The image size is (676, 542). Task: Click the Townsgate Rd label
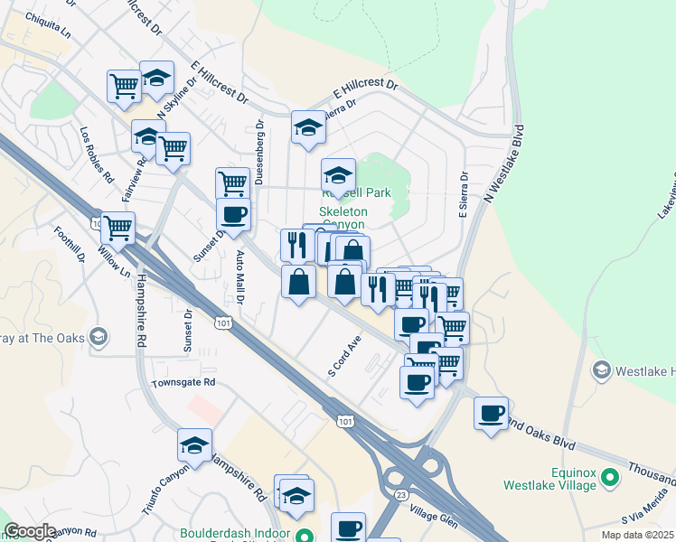click(x=183, y=382)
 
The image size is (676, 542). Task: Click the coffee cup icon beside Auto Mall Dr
click(x=233, y=215)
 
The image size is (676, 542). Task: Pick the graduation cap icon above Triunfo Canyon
click(x=195, y=444)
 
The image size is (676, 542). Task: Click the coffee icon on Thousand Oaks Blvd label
click(x=491, y=414)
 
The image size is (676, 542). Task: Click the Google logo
click(x=30, y=531)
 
